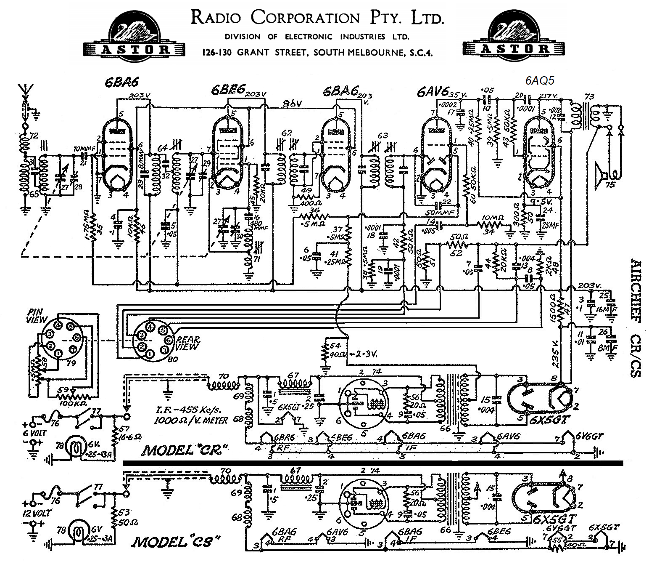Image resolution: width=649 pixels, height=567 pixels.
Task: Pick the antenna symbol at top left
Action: pyautogui.click(x=24, y=93)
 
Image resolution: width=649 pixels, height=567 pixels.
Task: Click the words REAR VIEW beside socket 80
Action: pyautogui.click(x=187, y=343)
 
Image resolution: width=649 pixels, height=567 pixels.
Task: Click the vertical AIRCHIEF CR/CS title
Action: pyautogui.click(x=636, y=317)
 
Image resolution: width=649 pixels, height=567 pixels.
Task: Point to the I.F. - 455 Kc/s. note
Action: pyautogui.click(x=187, y=411)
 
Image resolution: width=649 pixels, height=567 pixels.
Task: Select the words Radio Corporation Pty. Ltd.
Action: pyautogui.click(x=317, y=18)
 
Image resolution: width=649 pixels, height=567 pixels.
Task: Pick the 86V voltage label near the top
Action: pyautogui.click(x=294, y=103)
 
